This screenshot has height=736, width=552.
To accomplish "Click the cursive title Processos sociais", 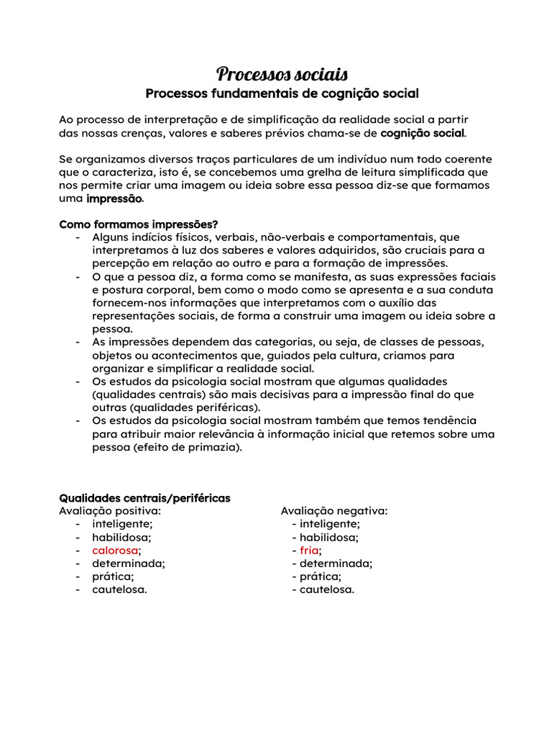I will tap(282, 74).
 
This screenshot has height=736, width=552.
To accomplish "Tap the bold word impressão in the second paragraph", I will tap(114, 198).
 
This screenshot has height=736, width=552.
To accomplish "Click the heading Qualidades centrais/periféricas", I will tap(144, 498).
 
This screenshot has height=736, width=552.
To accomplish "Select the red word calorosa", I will tap(115, 551).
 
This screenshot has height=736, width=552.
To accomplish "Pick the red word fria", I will tap(309, 551).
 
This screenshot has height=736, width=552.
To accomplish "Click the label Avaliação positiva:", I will tap(110, 511).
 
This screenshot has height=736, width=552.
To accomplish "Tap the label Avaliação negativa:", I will tap(334, 511).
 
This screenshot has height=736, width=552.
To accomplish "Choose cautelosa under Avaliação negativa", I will tap(327, 590).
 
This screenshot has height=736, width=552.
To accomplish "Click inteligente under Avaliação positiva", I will tap(122, 524).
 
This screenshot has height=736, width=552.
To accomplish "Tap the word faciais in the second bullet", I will tap(474, 277).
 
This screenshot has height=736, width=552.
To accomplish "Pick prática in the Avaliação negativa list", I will tap(320, 576).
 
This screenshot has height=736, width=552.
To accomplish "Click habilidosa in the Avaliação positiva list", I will tap(121, 537).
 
